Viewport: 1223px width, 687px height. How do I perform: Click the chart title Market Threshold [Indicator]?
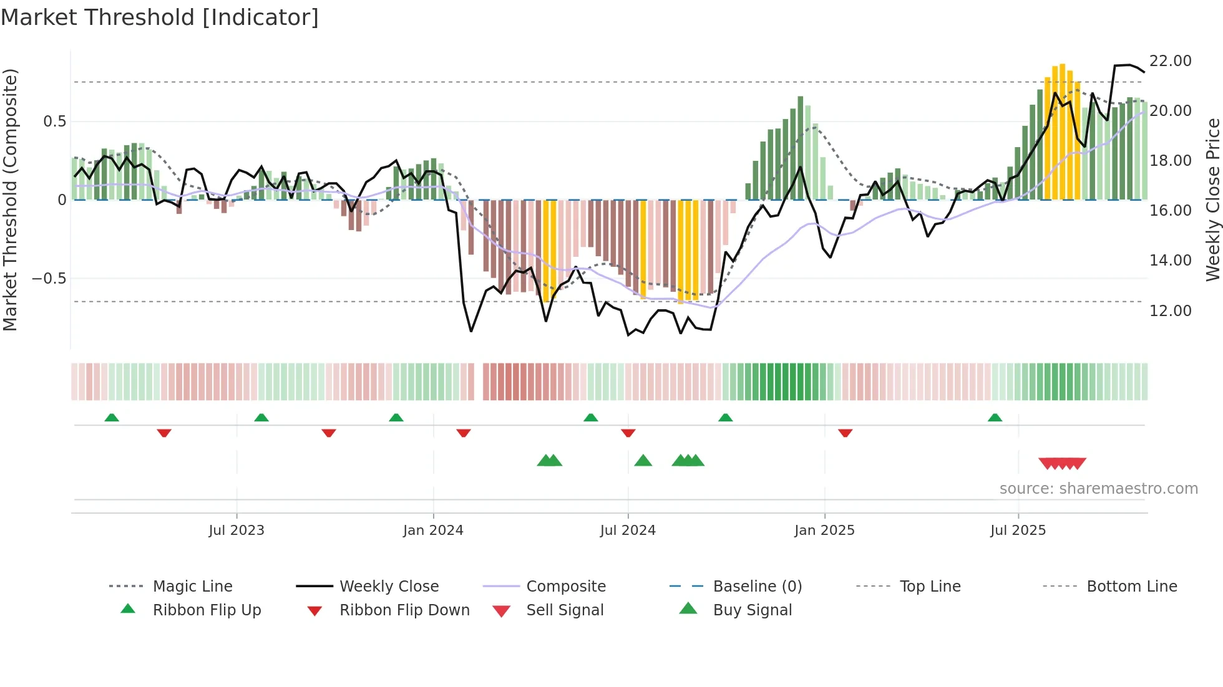coord(160,17)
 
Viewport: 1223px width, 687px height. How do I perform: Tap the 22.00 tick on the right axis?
coord(1170,61)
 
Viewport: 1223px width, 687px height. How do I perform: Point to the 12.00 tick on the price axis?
coord(1170,310)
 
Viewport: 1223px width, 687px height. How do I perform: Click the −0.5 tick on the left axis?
coord(49,278)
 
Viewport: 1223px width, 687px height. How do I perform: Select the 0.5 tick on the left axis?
coord(54,121)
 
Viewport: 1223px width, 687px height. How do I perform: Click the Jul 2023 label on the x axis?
coord(236,531)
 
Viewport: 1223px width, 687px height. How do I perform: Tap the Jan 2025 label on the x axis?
coord(824,531)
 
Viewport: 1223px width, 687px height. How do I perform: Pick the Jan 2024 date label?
coord(433,531)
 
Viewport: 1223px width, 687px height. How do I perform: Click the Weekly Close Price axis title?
coord(1212,199)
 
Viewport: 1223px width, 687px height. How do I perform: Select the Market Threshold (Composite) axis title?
coord(10,199)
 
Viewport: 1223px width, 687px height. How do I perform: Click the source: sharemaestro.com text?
coord(1098,489)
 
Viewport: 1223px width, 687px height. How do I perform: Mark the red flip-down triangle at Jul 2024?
coord(628,433)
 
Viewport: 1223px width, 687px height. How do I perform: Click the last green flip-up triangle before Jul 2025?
coord(995,418)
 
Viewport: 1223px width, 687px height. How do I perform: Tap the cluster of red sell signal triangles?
coord(1062,463)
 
